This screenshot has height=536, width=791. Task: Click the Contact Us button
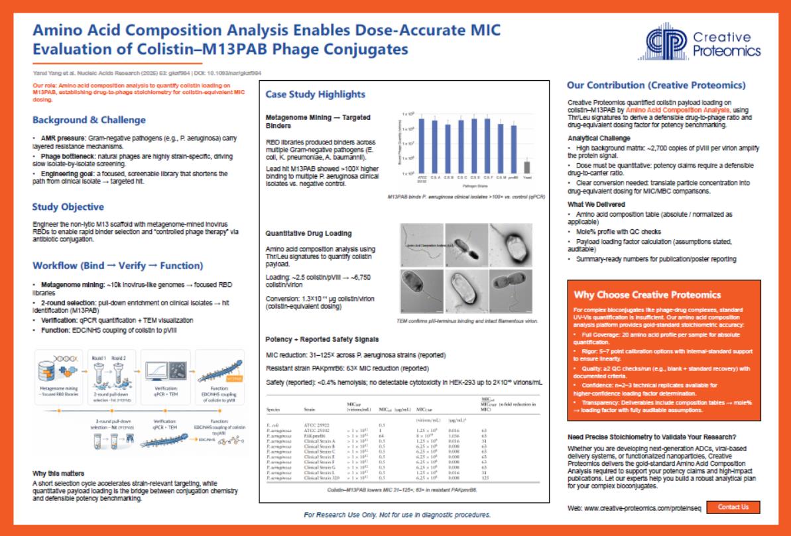733,507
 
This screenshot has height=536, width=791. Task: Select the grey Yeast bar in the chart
527,166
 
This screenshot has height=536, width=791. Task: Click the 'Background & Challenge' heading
89,120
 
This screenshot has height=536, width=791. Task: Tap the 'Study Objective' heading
68,207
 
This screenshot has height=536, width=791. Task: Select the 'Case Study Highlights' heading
315,94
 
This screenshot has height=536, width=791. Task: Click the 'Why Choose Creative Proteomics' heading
647,295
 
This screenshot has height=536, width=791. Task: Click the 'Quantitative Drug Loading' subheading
308,234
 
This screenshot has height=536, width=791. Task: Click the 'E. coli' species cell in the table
273,425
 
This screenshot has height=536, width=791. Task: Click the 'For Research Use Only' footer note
397,515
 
